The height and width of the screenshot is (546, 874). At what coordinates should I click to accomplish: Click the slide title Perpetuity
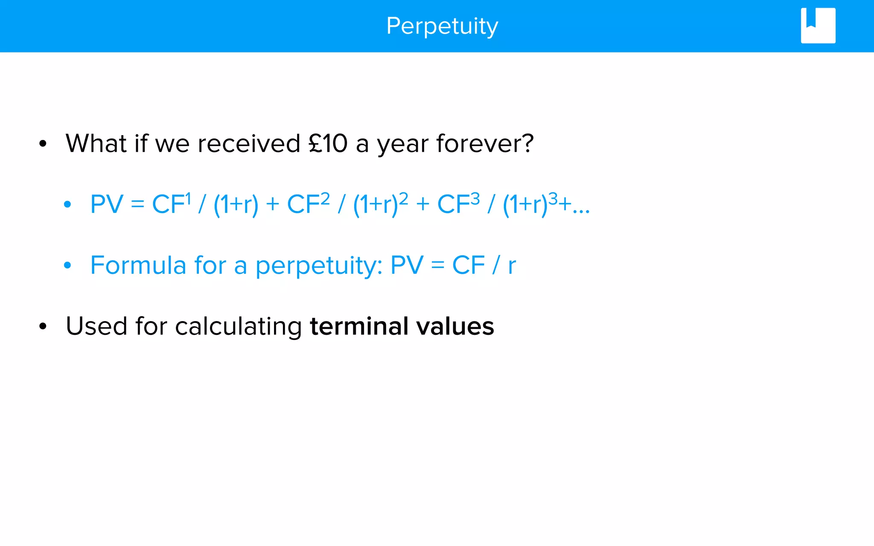pyautogui.click(x=442, y=26)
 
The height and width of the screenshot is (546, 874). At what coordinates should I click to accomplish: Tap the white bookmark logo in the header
pyautogui.click(x=818, y=26)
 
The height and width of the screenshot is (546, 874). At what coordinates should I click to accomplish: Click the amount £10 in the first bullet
pyautogui.click(x=328, y=143)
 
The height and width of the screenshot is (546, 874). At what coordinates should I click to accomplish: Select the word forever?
pyautogui.click(x=485, y=143)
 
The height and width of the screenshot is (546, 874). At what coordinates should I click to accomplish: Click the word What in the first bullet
pyautogui.click(x=96, y=143)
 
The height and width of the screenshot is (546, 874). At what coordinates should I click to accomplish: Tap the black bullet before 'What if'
pyautogui.click(x=43, y=144)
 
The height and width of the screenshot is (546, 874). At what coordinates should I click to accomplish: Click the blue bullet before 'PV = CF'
pyautogui.click(x=67, y=204)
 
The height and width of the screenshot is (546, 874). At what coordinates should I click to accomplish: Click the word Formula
pyautogui.click(x=138, y=265)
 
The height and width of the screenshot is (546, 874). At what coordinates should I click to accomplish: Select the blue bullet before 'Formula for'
pyautogui.click(x=67, y=265)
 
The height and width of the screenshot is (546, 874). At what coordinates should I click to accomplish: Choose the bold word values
pyautogui.click(x=455, y=326)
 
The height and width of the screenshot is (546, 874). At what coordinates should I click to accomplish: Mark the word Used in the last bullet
pyautogui.click(x=96, y=326)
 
